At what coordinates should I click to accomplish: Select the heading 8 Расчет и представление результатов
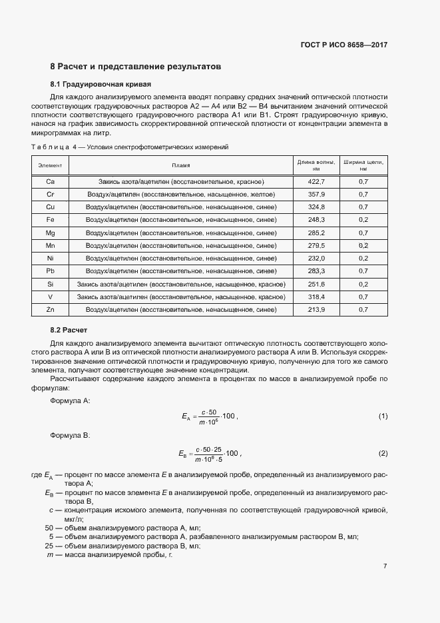point(135,67)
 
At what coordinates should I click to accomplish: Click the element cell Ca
point(50,181)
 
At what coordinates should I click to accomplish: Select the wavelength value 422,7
point(316,181)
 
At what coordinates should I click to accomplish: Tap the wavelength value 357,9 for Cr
point(316,194)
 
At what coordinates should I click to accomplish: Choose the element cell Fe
point(50,220)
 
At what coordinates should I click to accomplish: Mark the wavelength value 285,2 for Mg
point(316,233)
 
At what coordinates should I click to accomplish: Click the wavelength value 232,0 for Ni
point(316,258)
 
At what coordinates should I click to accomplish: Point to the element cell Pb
point(50,271)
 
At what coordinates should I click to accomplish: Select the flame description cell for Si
point(181,284)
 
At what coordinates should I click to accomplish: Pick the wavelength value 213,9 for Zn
point(316,310)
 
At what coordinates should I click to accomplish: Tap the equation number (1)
point(383,416)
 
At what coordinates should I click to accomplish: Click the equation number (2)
point(383,454)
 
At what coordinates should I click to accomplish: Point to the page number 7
point(385,566)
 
